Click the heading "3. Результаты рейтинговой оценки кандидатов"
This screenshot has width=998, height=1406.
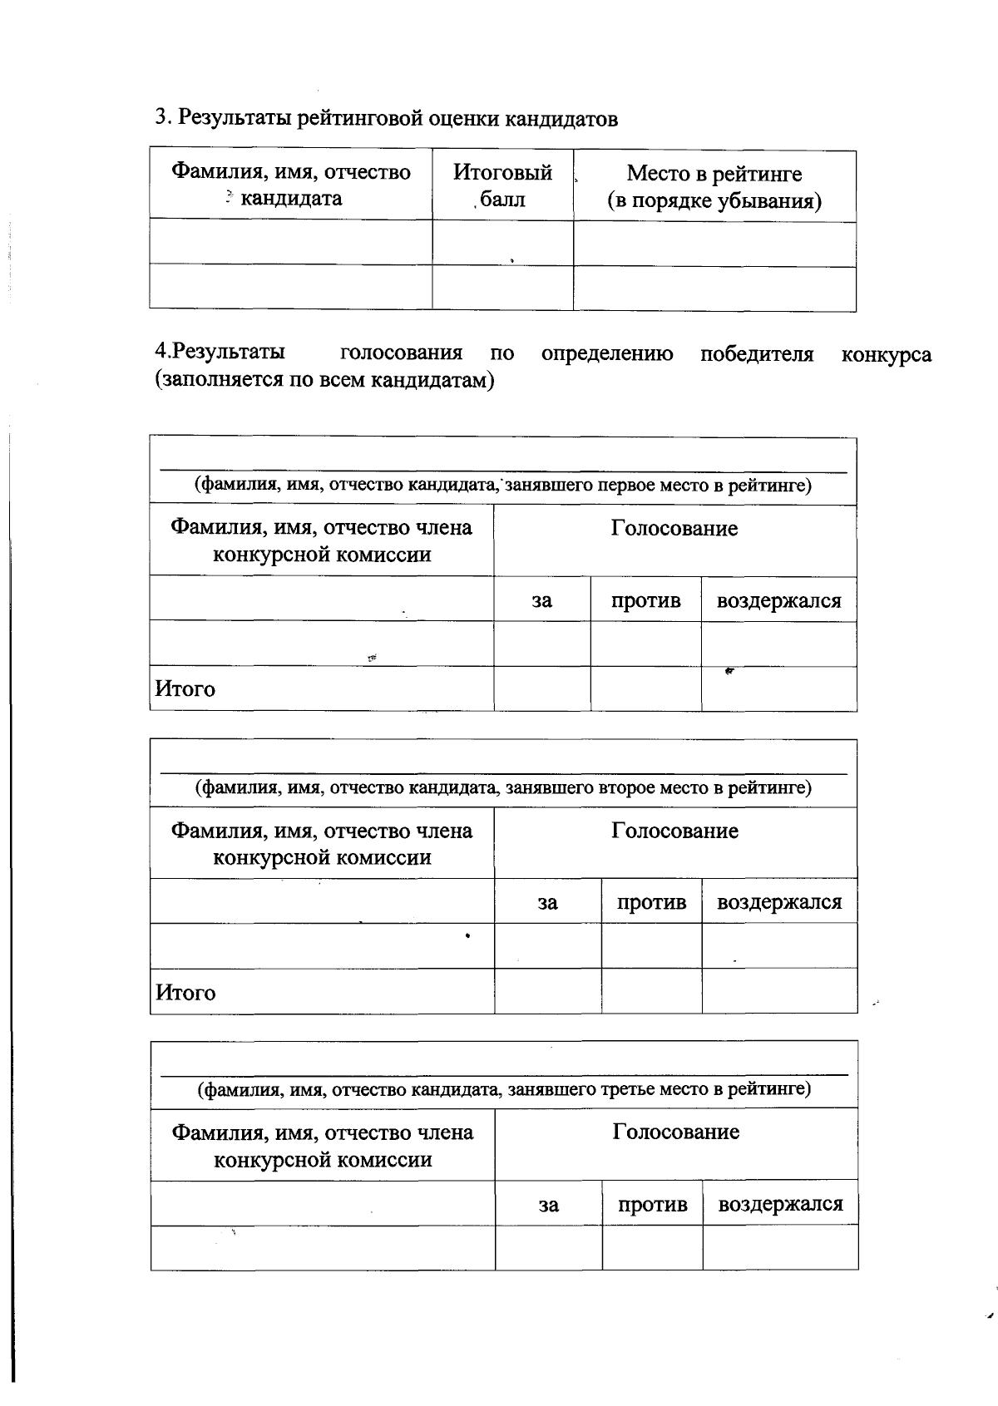(387, 118)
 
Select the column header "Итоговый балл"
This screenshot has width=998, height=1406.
(502, 185)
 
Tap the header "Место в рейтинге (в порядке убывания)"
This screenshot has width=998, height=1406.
(714, 187)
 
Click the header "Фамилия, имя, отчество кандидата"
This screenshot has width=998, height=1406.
(291, 185)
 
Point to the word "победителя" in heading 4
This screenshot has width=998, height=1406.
(756, 354)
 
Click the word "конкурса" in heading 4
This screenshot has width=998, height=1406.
(886, 355)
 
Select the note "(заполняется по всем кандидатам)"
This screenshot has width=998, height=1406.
(324, 381)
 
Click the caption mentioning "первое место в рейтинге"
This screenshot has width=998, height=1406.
(502, 485)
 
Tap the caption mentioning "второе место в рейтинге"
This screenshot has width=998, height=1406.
(502, 787)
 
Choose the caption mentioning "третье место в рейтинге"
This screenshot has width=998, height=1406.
(503, 1088)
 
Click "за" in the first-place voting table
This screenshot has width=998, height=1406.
(541, 600)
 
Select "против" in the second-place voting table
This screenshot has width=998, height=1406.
(651, 902)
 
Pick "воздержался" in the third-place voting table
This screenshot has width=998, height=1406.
(780, 1204)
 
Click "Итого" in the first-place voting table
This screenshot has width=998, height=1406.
(185, 689)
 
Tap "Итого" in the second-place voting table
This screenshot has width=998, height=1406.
(185, 993)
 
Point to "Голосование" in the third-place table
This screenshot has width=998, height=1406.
(675, 1132)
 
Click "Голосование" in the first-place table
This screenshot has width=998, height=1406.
(674, 529)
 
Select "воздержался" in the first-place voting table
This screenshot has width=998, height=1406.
(778, 600)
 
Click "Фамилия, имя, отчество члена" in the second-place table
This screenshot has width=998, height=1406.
(321, 831)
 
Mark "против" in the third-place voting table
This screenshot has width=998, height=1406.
(652, 1204)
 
